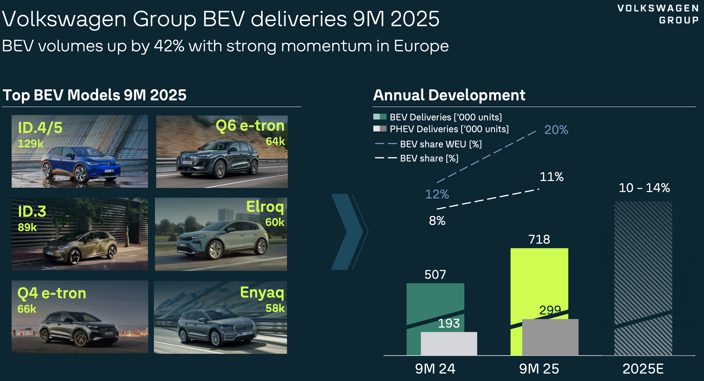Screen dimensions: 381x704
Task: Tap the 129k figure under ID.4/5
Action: coord(31,143)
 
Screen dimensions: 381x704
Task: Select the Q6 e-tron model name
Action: coord(250,126)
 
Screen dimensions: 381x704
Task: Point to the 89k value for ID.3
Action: coord(27,227)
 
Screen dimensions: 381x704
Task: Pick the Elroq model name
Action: coord(265,206)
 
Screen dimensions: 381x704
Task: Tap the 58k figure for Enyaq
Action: coord(275,308)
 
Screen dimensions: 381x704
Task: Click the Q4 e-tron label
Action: coord(52,293)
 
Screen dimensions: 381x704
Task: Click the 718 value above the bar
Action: coord(539,239)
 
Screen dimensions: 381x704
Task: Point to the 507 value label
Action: coord(435,274)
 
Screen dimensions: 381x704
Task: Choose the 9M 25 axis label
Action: coord(539,369)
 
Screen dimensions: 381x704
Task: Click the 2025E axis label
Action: coord(643,369)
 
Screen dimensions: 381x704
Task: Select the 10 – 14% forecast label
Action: coord(644,188)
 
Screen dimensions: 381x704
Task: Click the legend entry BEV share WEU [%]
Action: coord(441,144)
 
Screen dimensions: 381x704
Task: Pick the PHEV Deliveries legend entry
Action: coord(449,129)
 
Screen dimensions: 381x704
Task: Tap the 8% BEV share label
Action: coord(437,221)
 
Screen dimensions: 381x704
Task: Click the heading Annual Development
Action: coord(449,95)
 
